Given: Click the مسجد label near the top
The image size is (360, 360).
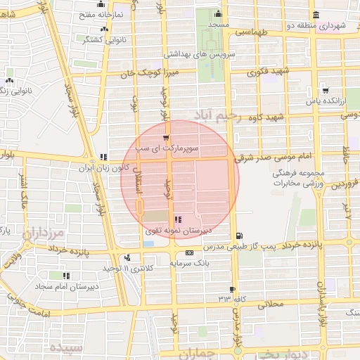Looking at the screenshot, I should pyautogui.click(x=219, y=25).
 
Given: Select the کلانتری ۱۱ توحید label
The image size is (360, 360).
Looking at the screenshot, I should pyautogui.click(x=105, y=269).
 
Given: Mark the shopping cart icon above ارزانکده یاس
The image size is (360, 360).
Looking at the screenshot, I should pyautogui.click(x=325, y=89).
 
